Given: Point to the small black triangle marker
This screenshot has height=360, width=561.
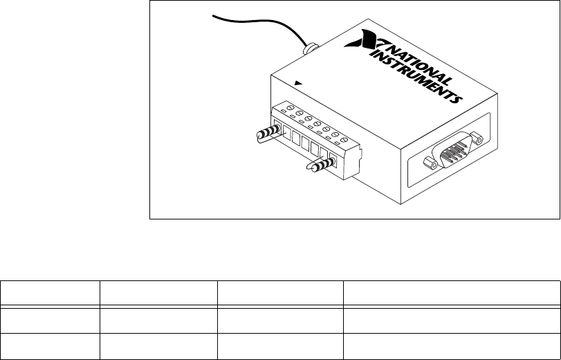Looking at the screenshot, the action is (x=297, y=82).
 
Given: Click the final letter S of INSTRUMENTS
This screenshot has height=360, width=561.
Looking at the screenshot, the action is (x=457, y=100).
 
